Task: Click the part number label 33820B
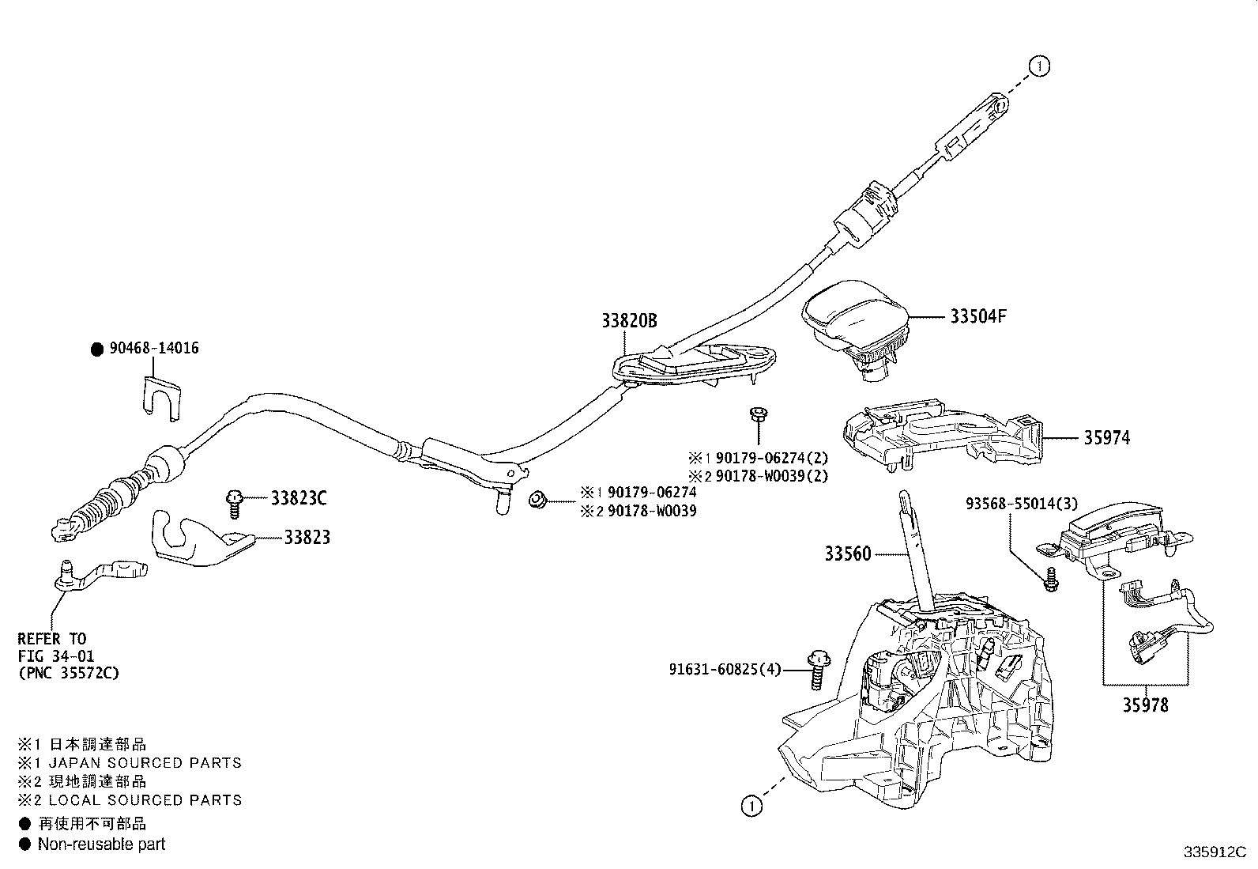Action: coord(628,321)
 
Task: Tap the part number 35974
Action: coord(1106,438)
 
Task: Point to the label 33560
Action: coord(848,554)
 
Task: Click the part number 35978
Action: coord(1145,705)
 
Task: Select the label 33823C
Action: coord(299,498)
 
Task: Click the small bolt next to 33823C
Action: coord(234,501)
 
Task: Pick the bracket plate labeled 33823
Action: coord(198,538)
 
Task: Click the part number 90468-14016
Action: coord(154,349)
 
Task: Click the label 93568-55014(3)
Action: coord(1020,504)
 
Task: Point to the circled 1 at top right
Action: coord(1040,67)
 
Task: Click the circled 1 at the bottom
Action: coord(751,806)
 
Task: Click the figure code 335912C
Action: coord(1214,853)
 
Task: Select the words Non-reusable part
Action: coord(101,844)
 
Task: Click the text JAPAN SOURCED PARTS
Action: coord(145,763)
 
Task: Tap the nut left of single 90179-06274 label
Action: coord(537,499)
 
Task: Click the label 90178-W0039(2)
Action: coord(767,476)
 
